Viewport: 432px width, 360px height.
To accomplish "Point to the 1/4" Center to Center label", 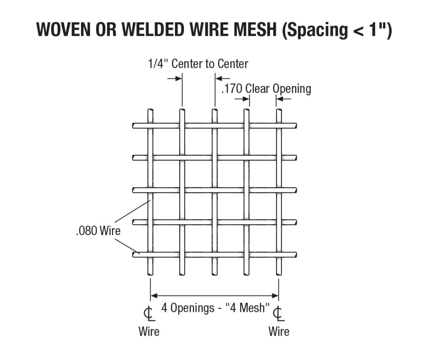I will coord(198,64).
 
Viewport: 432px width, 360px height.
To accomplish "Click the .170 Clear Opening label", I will coord(266,89).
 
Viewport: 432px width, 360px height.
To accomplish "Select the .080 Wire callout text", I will coord(98,231).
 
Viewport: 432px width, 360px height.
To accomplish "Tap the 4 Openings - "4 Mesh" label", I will coord(215,308).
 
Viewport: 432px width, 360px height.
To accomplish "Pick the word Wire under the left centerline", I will coord(149,331).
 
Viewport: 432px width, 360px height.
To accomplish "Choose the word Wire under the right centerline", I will coord(279,331).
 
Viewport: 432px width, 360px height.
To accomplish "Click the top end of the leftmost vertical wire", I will coord(150,111).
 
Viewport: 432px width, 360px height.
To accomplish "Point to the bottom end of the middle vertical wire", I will coord(215,273).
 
